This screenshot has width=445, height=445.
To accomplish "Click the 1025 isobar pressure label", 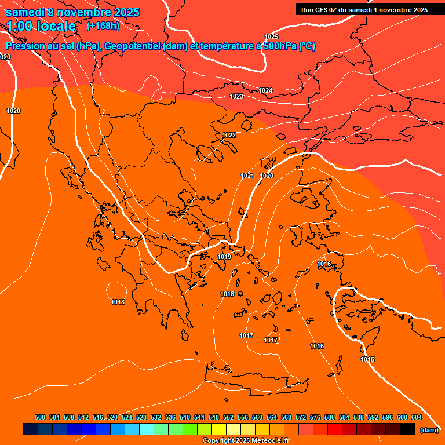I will click(x=271, y=37).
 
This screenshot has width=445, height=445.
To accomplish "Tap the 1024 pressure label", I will click(x=265, y=90).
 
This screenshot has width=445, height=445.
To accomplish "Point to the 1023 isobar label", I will click(x=236, y=96).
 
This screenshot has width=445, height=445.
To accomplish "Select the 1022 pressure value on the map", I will click(x=229, y=135).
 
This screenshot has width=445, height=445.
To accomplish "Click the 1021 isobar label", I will click(x=247, y=176).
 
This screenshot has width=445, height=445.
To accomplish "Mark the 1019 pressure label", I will click(x=225, y=257).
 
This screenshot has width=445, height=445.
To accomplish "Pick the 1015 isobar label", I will click(x=367, y=359).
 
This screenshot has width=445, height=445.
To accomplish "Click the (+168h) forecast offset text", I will click(x=103, y=26).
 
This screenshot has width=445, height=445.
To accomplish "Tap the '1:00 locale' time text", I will click(x=41, y=26).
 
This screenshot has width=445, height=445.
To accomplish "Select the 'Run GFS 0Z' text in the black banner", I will click(x=322, y=9).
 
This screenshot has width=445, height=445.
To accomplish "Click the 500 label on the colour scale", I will click(x=40, y=417).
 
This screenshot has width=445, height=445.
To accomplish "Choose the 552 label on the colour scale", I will click(x=228, y=417).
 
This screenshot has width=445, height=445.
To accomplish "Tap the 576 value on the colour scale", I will click(x=315, y=417).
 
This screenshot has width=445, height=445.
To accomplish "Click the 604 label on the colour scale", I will click(x=417, y=417).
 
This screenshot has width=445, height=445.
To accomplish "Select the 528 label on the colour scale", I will click(x=141, y=417).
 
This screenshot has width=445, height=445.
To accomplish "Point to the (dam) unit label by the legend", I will click(x=429, y=429).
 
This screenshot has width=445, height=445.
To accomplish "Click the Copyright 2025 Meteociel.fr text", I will click(x=246, y=441).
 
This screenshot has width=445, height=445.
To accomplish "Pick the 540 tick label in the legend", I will click(x=185, y=417).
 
